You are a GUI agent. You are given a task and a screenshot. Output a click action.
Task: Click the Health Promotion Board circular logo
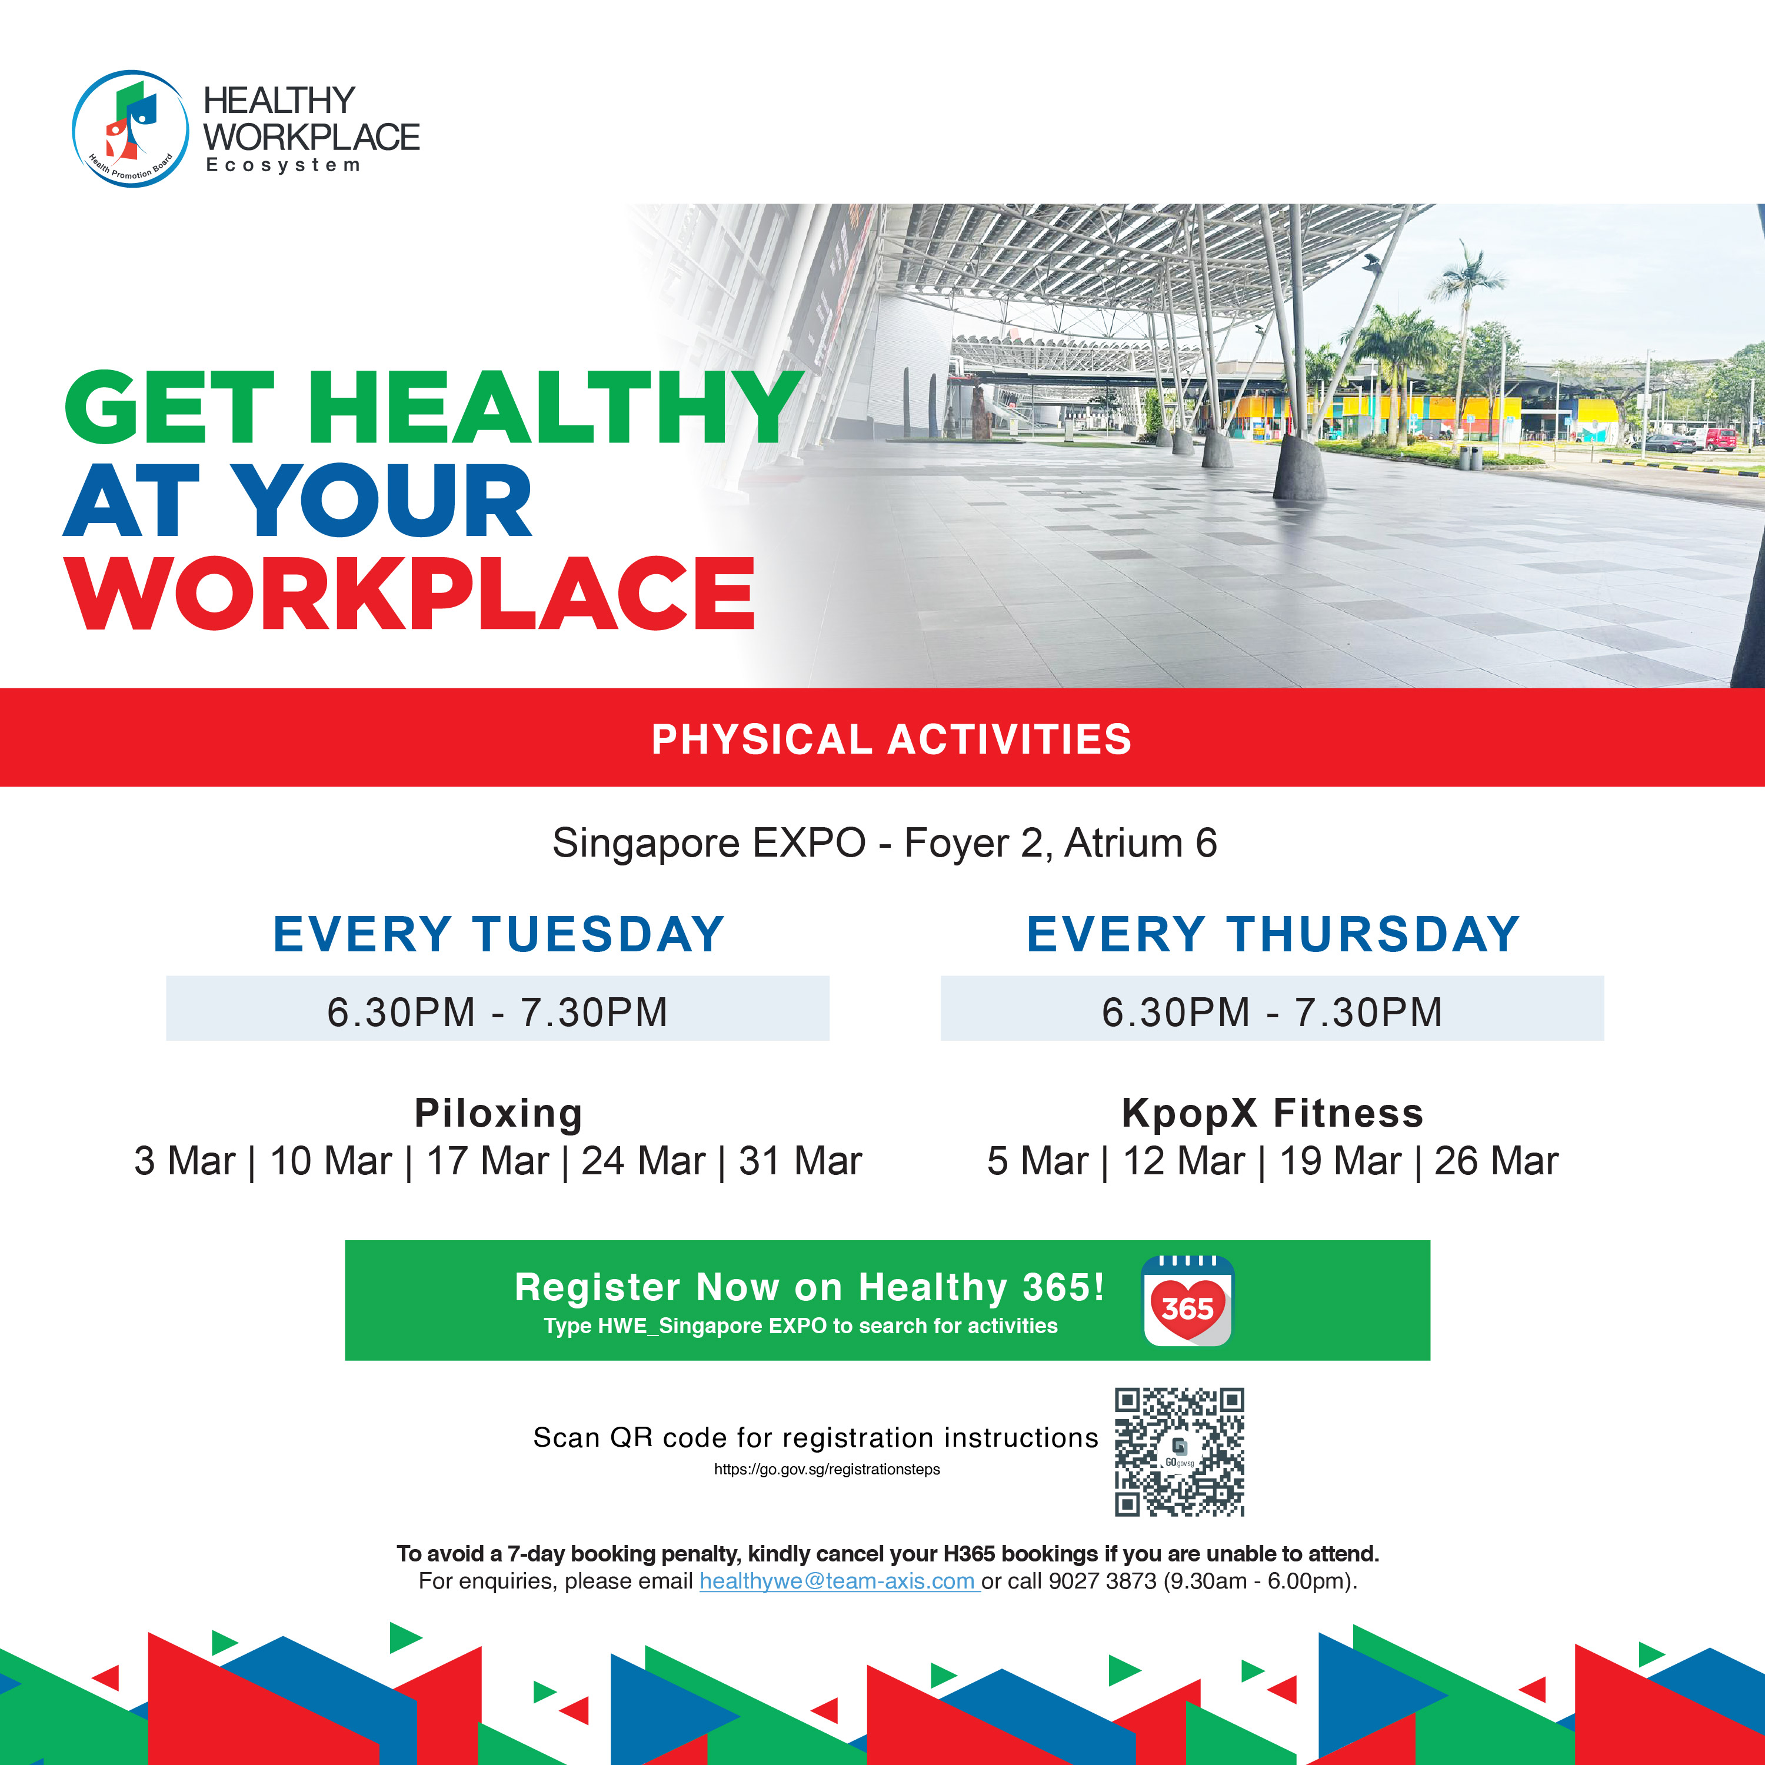[x=131, y=129]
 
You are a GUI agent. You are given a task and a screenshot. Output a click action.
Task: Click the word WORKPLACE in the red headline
[x=409, y=593]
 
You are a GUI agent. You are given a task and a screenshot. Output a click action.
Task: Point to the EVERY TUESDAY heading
[x=499, y=935]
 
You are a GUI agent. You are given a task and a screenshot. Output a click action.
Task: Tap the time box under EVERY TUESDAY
[x=498, y=1008]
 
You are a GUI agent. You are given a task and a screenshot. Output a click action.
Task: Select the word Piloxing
[x=498, y=1114]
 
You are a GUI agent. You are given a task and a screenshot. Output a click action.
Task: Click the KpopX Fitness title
[x=1273, y=1114]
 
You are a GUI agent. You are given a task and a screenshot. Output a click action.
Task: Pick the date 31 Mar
[x=800, y=1161]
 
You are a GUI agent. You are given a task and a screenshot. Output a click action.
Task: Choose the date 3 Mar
[x=185, y=1161]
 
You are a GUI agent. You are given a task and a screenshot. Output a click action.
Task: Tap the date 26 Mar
[x=1496, y=1161]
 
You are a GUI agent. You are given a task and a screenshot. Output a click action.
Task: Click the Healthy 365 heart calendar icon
[x=1188, y=1301]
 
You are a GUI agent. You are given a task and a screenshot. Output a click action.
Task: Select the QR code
[x=1180, y=1453]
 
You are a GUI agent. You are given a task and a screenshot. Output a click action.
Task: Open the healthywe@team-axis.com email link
[x=840, y=1581]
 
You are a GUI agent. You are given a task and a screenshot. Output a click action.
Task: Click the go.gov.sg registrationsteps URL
[x=827, y=1469]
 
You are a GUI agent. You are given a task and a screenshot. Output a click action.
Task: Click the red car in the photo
[x=1720, y=439]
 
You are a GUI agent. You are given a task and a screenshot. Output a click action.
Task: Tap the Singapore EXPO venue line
[x=884, y=842]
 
